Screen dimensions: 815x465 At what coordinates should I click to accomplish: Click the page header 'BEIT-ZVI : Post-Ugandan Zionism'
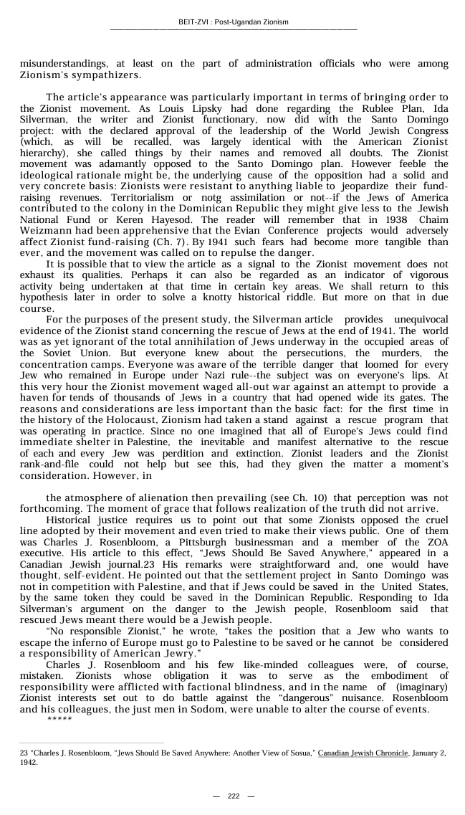[233, 22]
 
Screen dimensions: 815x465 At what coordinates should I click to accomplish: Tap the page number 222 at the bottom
[234, 796]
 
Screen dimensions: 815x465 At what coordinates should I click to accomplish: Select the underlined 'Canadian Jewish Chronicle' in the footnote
[363, 753]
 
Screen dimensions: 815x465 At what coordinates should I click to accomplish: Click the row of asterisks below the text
[59, 719]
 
